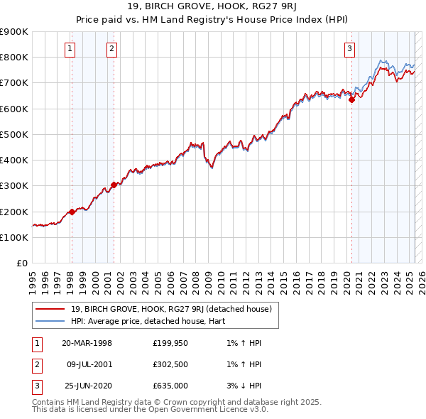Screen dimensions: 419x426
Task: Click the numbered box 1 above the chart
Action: pos(71,49)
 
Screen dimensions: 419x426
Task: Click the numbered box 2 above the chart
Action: pos(112,49)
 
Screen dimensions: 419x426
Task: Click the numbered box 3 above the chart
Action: pos(350,49)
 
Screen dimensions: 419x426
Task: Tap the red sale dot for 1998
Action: pos(72,212)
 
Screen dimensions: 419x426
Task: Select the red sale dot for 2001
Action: pos(114,185)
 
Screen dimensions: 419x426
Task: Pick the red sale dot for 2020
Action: pos(351,100)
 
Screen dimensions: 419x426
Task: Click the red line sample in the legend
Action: pos(50,309)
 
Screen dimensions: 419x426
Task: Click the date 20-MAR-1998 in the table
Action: pos(87,343)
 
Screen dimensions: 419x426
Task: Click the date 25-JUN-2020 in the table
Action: pos(87,387)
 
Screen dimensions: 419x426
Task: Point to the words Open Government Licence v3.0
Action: pos(206,410)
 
